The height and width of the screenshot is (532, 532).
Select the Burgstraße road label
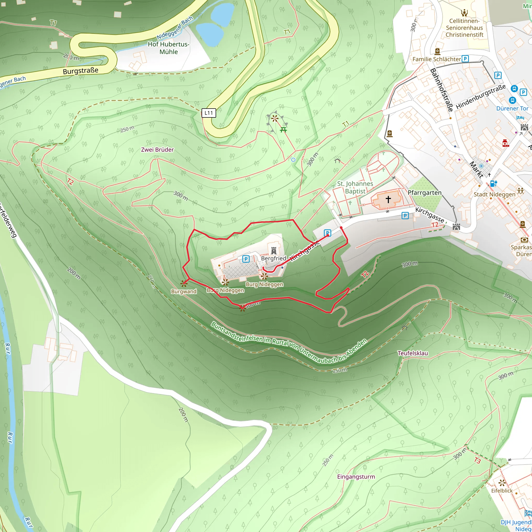click(81, 71)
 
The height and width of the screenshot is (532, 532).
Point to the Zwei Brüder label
click(157, 150)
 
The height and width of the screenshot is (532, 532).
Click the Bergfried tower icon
click(274, 251)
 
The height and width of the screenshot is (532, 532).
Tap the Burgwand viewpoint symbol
click(184, 283)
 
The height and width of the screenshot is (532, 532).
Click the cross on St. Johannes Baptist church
click(388, 199)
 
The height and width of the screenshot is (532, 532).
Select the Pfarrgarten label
click(424, 193)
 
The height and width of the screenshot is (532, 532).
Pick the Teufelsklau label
click(413, 353)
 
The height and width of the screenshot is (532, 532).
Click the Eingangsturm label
click(356, 477)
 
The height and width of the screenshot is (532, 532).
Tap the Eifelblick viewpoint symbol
click(502, 483)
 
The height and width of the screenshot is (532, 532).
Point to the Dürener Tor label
click(512, 109)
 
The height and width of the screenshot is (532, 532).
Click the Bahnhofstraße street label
click(442, 90)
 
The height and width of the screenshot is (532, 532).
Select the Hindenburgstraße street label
click(481, 97)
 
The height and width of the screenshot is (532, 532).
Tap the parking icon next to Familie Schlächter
click(465, 59)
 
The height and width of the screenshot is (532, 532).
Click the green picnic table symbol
click(283, 130)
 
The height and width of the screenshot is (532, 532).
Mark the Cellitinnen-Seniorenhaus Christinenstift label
click(464, 28)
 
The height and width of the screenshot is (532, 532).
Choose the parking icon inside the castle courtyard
click(246, 259)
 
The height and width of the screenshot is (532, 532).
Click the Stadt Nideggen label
click(494, 194)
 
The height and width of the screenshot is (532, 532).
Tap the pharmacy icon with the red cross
click(505, 143)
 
